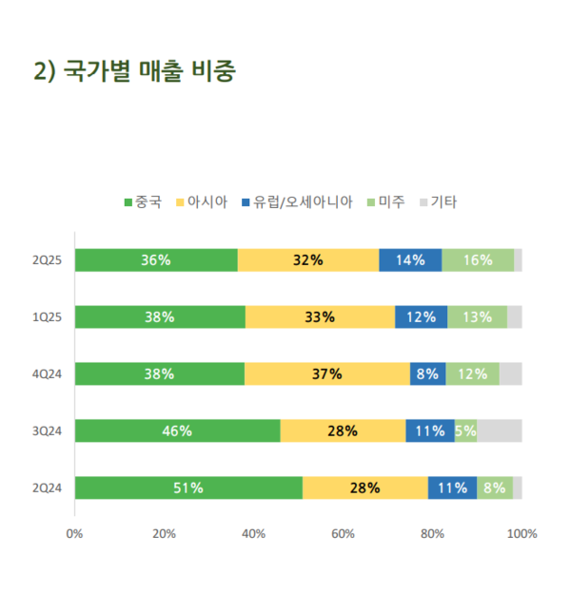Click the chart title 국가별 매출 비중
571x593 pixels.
[x=134, y=71]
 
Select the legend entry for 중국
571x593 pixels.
[x=143, y=201]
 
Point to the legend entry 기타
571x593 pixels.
[x=438, y=201]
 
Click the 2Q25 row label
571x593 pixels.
[x=47, y=260]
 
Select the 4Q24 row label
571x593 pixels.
[x=47, y=374]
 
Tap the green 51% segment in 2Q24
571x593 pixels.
[x=188, y=488]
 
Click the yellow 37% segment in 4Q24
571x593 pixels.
[x=327, y=374]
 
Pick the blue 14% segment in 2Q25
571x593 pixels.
[x=410, y=260]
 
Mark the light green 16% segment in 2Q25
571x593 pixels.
[x=478, y=260]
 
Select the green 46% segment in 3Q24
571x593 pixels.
[x=177, y=431]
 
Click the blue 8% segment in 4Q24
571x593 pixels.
[x=427, y=374]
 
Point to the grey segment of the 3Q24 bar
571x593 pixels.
[x=500, y=431]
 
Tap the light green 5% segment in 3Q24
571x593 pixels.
[x=465, y=431]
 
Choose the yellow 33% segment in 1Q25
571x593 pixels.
[x=320, y=317]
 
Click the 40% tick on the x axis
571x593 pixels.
[x=253, y=534]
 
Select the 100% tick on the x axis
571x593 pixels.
[x=522, y=534]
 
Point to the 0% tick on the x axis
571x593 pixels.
[x=74, y=534]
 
